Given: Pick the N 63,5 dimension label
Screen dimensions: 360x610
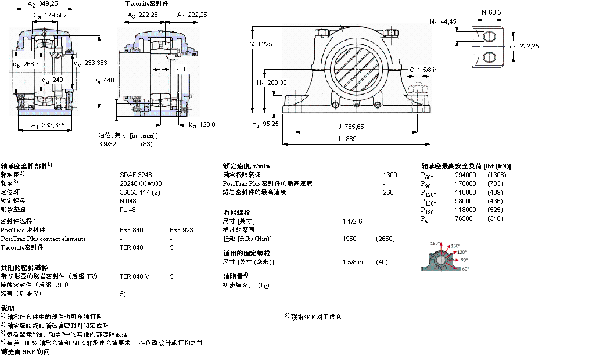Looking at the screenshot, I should click(x=491, y=11).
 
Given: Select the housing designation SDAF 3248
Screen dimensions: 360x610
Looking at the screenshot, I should click(x=133, y=174).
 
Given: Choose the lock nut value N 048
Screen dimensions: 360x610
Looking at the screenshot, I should click(x=128, y=200).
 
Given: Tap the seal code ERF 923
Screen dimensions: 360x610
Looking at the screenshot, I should click(x=180, y=230).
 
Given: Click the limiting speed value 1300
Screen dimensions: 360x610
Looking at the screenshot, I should click(x=390, y=174).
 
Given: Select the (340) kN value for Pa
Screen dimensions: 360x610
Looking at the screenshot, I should click(x=495, y=218).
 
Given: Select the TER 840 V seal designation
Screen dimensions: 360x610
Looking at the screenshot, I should click(x=134, y=276).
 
